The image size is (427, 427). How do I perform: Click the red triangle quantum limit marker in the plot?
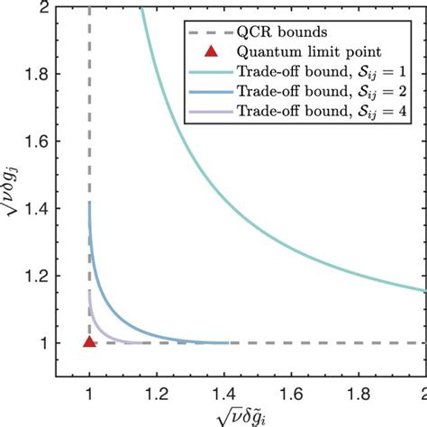[88, 342]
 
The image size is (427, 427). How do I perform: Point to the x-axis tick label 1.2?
[156, 394]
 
